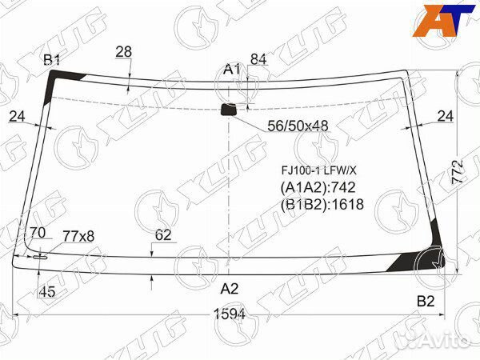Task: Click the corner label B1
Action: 52,60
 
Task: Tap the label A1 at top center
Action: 232,70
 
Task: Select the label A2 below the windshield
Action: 230,288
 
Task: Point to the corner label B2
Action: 426,302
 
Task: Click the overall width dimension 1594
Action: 230,314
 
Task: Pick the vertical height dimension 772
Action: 458,172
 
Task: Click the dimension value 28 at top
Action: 124,52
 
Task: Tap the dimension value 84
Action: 258,59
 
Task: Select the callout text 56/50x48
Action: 298,126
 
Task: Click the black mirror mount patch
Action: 229,110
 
